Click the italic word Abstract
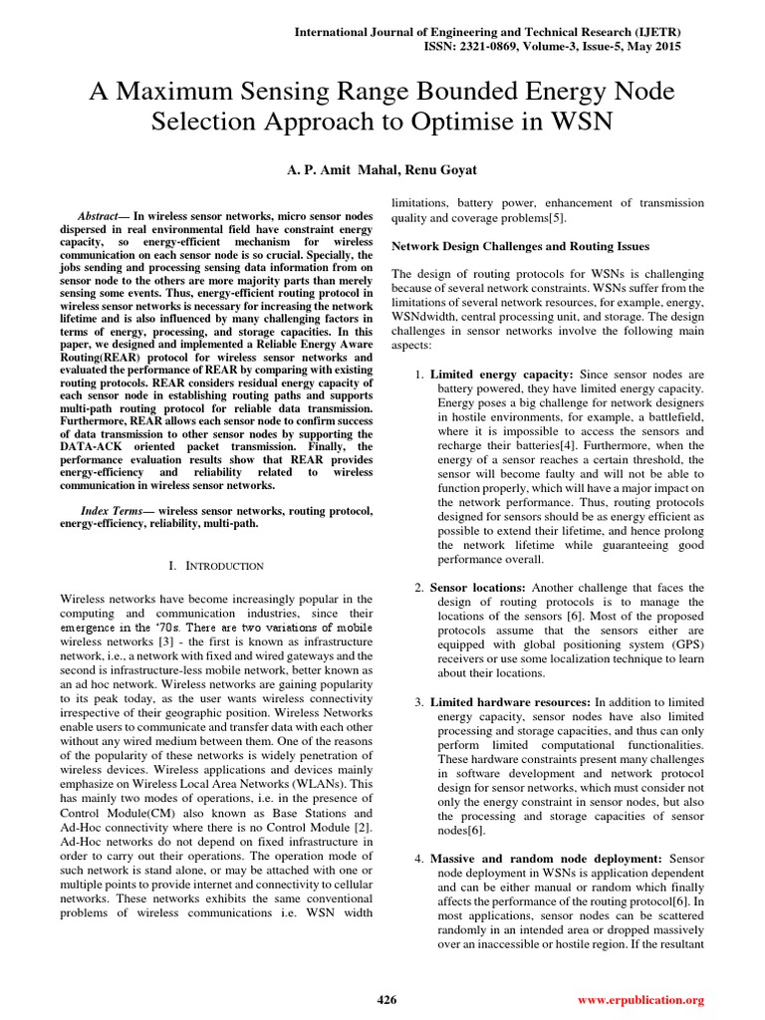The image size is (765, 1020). coord(102,216)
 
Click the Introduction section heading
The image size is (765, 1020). coord(216,566)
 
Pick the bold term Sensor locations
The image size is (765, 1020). coord(478,588)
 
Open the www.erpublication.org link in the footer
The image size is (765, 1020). coord(640,999)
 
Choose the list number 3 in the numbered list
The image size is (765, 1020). coord(419,704)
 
